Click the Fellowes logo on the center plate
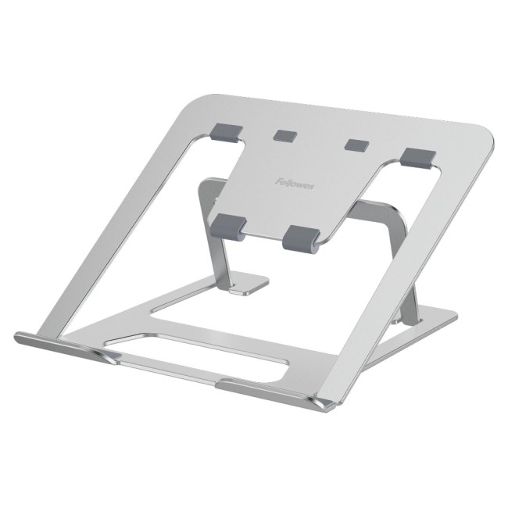[x=295, y=184]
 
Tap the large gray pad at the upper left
[x=226, y=133]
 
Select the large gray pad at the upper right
[x=418, y=159]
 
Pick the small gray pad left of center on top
[x=285, y=135]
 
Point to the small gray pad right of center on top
[x=357, y=145]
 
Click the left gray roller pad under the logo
[x=229, y=227]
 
